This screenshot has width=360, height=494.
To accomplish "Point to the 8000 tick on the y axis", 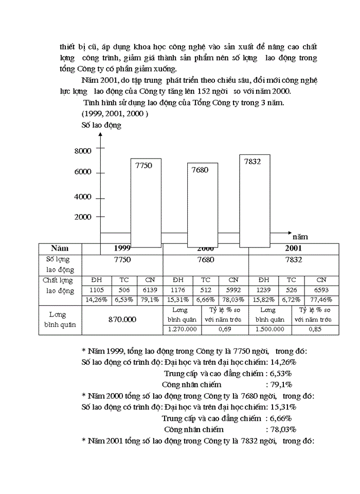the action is pyautogui.click(x=83, y=151).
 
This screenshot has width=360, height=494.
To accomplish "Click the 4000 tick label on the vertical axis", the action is pyautogui.click(x=83, y=197).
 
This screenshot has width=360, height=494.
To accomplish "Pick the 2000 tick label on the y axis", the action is pyautogui.click(x=83, y=217).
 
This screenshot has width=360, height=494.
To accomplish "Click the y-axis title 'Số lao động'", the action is pyautogui.click(x=101, y=125).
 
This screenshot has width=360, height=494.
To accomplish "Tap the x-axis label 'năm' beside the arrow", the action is pyautogui.click(x=300, y=237).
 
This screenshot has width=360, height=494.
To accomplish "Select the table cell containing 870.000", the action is pyautogui.click(x=122, y=320).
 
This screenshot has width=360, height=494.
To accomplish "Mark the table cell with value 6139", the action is pyautogui.click(x=150, y=290).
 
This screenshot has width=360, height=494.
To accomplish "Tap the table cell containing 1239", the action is pyautogui.click(x=263, y=290).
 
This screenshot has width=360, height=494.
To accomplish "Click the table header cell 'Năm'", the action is pyautogui.click(x=60, y=248).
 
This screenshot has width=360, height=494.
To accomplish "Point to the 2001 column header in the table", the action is pyautogui.click(x=294, y=248).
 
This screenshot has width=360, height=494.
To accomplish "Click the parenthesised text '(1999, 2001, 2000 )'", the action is pyautogui.click(x=115, y=113).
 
